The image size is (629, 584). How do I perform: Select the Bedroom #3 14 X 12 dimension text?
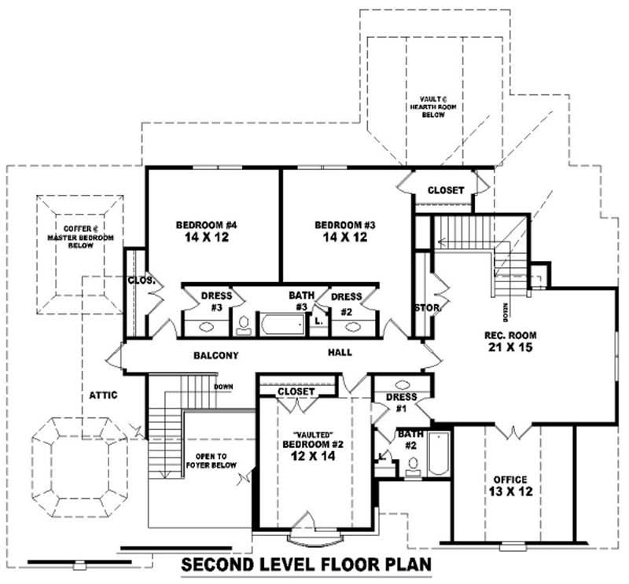pyautogui.click(x=345, y=237)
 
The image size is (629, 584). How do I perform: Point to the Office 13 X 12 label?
pyautogui.click(x=509, y=485)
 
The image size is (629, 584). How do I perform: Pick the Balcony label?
pyautogui.click(x=215, y=356)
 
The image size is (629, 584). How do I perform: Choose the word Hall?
pyautogui.click(x=340, y=354)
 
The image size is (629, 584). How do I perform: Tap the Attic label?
pyautogui.click(x=103, y=395)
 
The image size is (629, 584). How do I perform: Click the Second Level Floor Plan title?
pyautogui.click(x=307, y=565)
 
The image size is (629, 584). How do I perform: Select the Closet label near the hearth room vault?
pyautogui.click(x=445, y=190)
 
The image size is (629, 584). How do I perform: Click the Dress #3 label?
pyautogui.click(x=216, y=301)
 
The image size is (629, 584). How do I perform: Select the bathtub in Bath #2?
pyautogui.click(x=438, y=454)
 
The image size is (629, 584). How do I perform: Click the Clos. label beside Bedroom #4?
pyautogui.click(x=142, y=280)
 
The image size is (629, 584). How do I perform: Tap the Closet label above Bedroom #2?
pyautogui.click(x=296, y=391)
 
